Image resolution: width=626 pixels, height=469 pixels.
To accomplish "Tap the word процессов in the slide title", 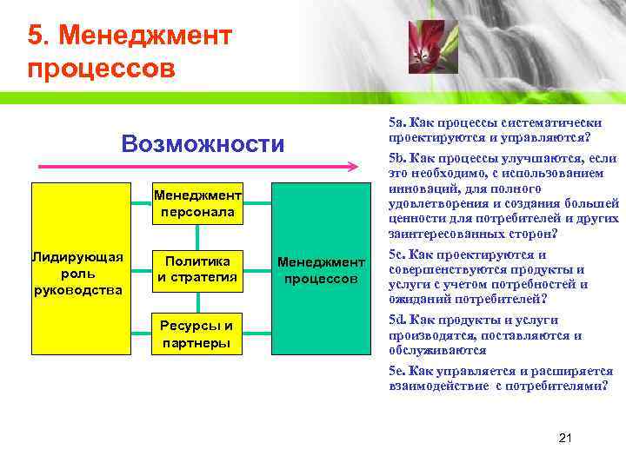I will (101, 68).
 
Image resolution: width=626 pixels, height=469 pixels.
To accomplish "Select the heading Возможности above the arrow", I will (203, 143).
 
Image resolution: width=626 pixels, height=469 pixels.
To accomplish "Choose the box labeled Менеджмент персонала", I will (199, 203).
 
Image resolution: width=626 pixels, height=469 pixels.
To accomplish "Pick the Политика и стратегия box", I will (199, 269).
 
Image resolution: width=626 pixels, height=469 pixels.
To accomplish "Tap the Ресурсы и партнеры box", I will (199, 334).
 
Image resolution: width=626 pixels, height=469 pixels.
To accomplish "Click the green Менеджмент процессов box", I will (319, 269).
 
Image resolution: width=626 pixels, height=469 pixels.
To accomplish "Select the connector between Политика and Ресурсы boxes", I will (199, 302).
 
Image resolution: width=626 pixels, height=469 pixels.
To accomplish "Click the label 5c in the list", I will (396, 254).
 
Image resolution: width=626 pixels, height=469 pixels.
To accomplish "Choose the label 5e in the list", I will (396, 371).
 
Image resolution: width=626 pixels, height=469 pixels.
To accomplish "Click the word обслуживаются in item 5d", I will (430, 350).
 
